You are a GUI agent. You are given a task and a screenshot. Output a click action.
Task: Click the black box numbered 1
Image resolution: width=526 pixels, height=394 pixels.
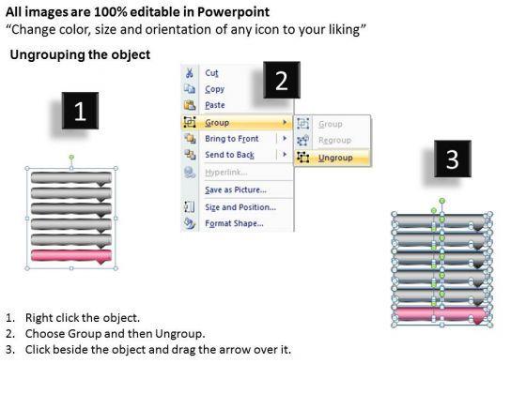point(80,111)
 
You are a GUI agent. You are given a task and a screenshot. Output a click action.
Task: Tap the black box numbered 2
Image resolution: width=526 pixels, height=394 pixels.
point(282,80)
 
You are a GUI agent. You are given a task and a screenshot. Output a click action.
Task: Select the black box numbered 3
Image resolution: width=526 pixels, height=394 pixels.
point(453,159)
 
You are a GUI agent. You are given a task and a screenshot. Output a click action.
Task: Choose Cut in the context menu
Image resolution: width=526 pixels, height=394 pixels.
point(211,73)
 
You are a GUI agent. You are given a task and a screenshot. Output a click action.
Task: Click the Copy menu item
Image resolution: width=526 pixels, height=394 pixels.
point(215,89)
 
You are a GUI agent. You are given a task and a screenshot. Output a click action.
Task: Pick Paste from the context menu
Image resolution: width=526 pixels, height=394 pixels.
point(215,105)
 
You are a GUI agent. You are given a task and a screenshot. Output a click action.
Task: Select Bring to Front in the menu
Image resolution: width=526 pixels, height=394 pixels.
point(232,139)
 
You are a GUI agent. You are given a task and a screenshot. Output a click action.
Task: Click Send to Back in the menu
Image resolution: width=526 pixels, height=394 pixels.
point(230,155)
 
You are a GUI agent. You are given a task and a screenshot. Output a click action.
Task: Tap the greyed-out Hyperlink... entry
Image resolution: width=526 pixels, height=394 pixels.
point(226,173)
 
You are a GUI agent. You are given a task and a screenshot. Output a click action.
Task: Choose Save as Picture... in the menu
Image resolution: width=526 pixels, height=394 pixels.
point(236,189)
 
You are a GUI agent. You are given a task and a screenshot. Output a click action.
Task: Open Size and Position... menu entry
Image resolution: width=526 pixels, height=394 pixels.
point(240,207)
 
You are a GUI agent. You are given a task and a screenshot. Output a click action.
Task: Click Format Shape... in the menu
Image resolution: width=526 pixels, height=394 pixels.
point(234,223)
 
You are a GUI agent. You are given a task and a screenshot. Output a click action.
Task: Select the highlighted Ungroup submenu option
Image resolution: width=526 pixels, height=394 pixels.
point(335,158)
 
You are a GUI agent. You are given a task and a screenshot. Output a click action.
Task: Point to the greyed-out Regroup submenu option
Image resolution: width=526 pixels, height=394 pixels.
point(334,140)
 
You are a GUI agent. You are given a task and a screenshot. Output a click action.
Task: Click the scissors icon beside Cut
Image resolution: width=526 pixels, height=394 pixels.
point(190,73)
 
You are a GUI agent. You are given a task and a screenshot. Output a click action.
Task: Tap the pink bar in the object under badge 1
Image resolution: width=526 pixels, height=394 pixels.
point(71,256)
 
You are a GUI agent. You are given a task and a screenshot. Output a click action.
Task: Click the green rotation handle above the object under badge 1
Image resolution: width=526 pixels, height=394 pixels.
point(71,158)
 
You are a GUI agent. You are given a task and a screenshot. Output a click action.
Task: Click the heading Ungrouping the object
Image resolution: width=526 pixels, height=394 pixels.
point(80,54)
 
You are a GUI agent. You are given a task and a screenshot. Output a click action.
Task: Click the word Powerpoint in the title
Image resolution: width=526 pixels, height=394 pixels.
point(233,12)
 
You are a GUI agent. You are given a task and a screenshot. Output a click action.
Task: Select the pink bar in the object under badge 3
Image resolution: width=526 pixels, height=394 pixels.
point(441,315)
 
